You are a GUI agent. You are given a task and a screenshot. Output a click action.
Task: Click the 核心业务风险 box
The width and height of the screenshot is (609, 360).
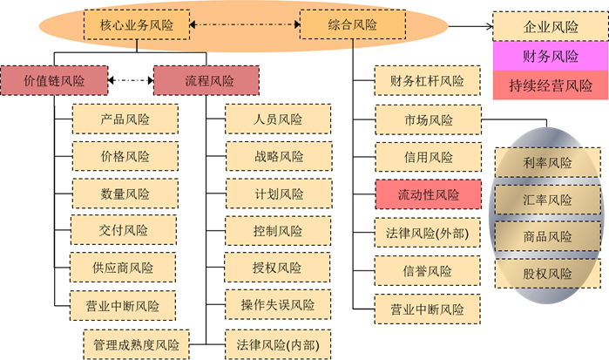137,25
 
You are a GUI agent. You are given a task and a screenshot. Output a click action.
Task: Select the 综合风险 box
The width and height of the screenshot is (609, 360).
353,24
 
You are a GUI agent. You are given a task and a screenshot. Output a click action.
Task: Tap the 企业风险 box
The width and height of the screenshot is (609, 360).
551,26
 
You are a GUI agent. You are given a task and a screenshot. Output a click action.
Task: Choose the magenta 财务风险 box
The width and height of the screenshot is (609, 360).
551,56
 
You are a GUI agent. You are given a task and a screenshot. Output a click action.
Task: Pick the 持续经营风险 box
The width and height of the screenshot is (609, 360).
551,85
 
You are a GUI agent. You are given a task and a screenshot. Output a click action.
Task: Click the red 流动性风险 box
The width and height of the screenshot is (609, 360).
428,194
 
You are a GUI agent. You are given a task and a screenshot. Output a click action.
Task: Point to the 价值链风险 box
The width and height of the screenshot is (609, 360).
54,80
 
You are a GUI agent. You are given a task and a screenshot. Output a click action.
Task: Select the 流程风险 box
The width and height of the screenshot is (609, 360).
206,80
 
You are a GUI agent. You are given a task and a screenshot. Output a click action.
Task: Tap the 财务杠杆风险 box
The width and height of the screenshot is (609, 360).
427,80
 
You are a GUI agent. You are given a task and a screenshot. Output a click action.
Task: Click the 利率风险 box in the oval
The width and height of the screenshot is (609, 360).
548,162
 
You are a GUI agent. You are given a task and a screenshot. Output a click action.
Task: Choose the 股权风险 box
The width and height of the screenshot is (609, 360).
548,274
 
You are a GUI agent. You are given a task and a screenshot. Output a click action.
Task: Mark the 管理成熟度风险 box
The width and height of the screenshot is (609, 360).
136,344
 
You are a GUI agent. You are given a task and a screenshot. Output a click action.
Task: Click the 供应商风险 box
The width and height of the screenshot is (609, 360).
123,267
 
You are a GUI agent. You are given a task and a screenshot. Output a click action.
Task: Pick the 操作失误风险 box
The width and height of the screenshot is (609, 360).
278,304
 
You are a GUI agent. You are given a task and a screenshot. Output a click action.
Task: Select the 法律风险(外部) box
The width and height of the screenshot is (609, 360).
427,233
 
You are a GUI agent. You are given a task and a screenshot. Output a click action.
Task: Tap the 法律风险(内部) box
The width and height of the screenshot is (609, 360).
278,344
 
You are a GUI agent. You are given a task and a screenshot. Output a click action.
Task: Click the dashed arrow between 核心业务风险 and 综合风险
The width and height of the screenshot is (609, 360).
245,24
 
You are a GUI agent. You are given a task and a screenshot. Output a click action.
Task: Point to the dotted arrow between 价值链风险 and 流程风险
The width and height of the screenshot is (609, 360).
131,80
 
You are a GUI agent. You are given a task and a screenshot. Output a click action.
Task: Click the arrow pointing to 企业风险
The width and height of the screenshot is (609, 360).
470,26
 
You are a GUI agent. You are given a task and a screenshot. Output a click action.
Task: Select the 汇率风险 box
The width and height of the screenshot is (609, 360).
548,200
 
